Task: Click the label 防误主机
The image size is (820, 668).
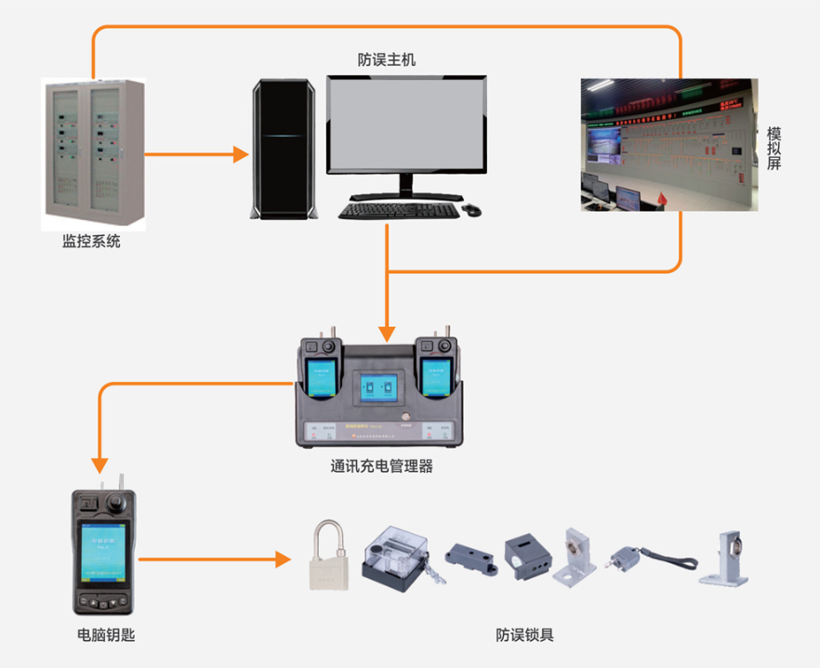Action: tap(387, 59)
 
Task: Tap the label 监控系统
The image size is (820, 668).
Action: tap(91, 242)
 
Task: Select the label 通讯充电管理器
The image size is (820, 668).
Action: tap(381, 466)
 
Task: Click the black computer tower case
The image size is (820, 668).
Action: tap(284, 149)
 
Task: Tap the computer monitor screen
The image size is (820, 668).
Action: tap(406, 125)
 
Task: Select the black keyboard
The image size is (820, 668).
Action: tap(398, 210)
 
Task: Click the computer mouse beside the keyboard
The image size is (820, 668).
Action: tap(471, 210)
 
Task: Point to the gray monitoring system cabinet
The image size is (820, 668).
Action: tap(94, 153)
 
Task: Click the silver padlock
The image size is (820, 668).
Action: tap(327, 557)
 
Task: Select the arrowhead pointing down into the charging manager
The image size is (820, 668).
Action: tap(387, 332)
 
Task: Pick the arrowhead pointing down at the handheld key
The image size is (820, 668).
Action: tap(98, 465)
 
